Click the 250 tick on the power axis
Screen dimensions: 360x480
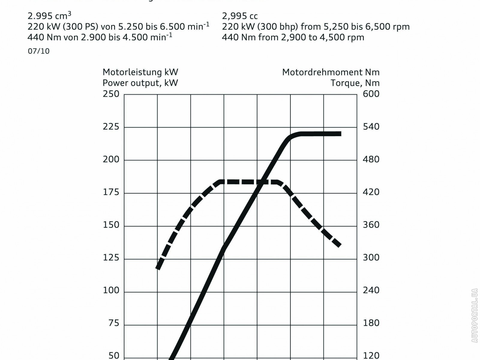click(111, 94)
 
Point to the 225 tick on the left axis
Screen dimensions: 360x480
click(111, 127)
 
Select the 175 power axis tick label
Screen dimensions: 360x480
click(111, 192)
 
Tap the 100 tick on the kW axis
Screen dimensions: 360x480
click(111, 290)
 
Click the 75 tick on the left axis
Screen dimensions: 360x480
click(114, 323)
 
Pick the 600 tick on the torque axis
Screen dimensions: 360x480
click(371, 94)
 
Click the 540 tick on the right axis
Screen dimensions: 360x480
click(371, 127)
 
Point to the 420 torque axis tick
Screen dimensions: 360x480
click(371, 192)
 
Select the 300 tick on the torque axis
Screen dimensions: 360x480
click(371, 258)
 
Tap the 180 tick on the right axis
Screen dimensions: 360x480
click(371, 323)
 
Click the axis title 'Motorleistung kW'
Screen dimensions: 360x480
click(140, 72)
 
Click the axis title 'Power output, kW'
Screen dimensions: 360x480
click(140, 83)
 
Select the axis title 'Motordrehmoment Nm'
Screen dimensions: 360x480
click(331, 72)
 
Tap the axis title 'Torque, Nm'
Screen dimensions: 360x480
click(355, 83)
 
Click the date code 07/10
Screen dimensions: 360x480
click(39, 51)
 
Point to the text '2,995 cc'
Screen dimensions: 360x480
click(240, 16)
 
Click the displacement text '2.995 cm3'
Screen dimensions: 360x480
click(49, 16)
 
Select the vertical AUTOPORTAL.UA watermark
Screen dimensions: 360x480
click(474, 315)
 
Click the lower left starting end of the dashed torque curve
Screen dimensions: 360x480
click(158, 268)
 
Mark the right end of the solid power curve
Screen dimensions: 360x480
click(340, 134)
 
